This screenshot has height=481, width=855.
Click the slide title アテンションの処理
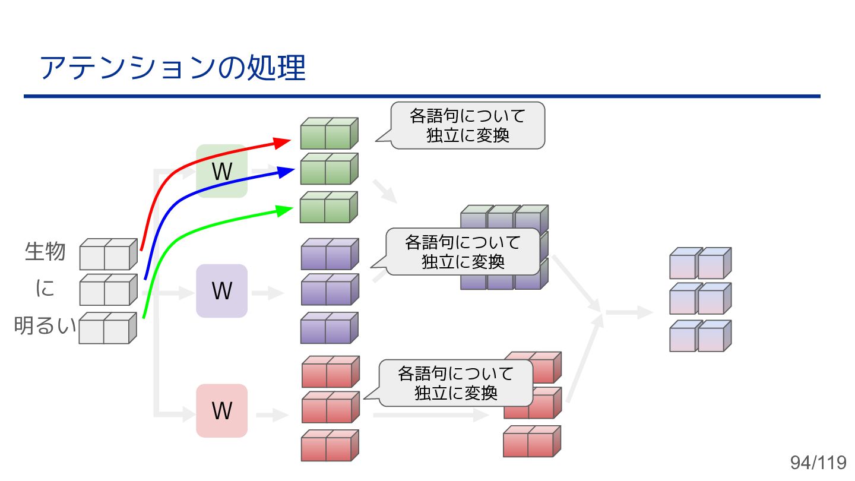(x=172, y=68)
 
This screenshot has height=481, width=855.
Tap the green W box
(x=221, y=171)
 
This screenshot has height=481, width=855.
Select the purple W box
(x=221, y=291)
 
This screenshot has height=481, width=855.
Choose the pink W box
(x=221, y=411)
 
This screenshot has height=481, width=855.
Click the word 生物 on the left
(x=45, y=251)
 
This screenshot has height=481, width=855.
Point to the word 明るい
(x=45, y=325)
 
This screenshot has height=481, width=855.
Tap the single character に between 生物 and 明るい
(x=45, y=289)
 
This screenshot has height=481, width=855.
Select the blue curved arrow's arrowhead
(x=287, y=172)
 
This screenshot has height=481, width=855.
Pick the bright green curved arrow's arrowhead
(x=286, y=210)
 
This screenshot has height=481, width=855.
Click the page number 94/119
(x=818, y=463)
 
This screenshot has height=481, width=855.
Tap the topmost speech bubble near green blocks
(x=467, y=125)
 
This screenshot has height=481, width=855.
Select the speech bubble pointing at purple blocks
(x=463, y=252)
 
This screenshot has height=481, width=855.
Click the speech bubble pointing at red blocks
(x=455, y=383)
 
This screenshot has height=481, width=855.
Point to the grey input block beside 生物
(x=107, y=254)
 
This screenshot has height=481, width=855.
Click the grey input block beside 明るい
(x=107, y=328)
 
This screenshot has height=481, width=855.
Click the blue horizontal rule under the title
(x=422, y=96)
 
